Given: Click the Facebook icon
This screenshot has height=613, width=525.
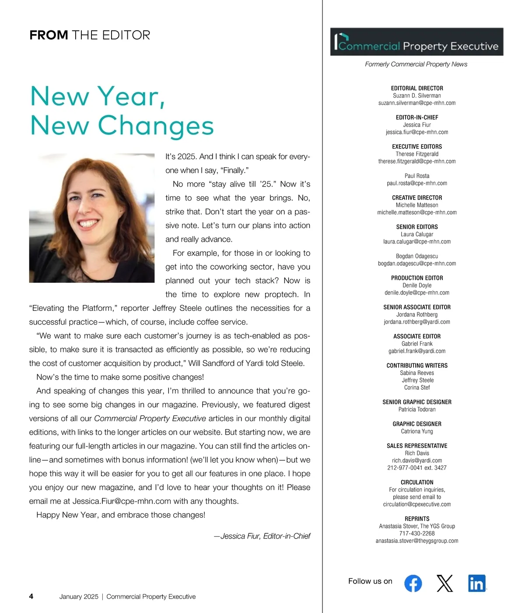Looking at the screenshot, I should pyautogui.click(x=413, y=583).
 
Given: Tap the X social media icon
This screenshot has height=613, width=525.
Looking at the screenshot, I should pyautogui.click(x=444, y=583).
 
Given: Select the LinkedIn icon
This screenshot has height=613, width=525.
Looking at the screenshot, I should pyautogui.click(x=476, y=583).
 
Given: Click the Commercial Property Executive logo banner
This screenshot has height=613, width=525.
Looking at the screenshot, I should pyautogui.click(x=416, y=42).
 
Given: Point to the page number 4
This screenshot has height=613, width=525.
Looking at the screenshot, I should pyautogui.click(x=31, y=596).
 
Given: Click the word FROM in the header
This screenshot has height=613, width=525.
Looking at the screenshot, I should pyautogui.click(x=49, y=35).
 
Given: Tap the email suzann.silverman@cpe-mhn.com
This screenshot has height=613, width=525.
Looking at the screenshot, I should pyautogui.click(x=417, y=103).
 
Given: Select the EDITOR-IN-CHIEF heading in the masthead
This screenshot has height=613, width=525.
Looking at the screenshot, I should pyautogui.click(x=417, y=117).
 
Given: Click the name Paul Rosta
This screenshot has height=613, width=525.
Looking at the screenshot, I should pyautogui.click(x=417, y=176).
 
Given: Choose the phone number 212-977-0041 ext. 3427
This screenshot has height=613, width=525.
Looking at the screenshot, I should pyautogui.click(x=417, y=468).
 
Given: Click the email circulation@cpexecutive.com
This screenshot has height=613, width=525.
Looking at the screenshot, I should pyautogui.click(x=417, y=504).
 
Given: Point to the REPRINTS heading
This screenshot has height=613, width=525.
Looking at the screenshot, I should pyautogui.click(x=417, y=518).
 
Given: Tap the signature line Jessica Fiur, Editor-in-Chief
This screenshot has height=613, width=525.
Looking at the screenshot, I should pyautogui.click(x=262, y=536).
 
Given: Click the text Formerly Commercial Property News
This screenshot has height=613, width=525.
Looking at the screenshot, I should pyautogui.click(x=416, y=64).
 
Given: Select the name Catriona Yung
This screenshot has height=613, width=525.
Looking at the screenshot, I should pyautogui.click(x=417, y=431).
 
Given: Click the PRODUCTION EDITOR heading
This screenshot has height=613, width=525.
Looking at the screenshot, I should pyautogui.click(x=417, y=278).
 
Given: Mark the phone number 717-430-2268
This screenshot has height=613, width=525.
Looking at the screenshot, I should pyautogui.click(x=417, y=533).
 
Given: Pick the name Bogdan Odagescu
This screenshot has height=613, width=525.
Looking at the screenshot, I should pyautogui.click(x=417, y=256).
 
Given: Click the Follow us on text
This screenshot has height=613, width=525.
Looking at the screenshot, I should pyautogui.click(x=370, y=581).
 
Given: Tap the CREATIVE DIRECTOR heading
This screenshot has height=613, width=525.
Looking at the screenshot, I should pyautogui.click(x=417, y=197).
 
